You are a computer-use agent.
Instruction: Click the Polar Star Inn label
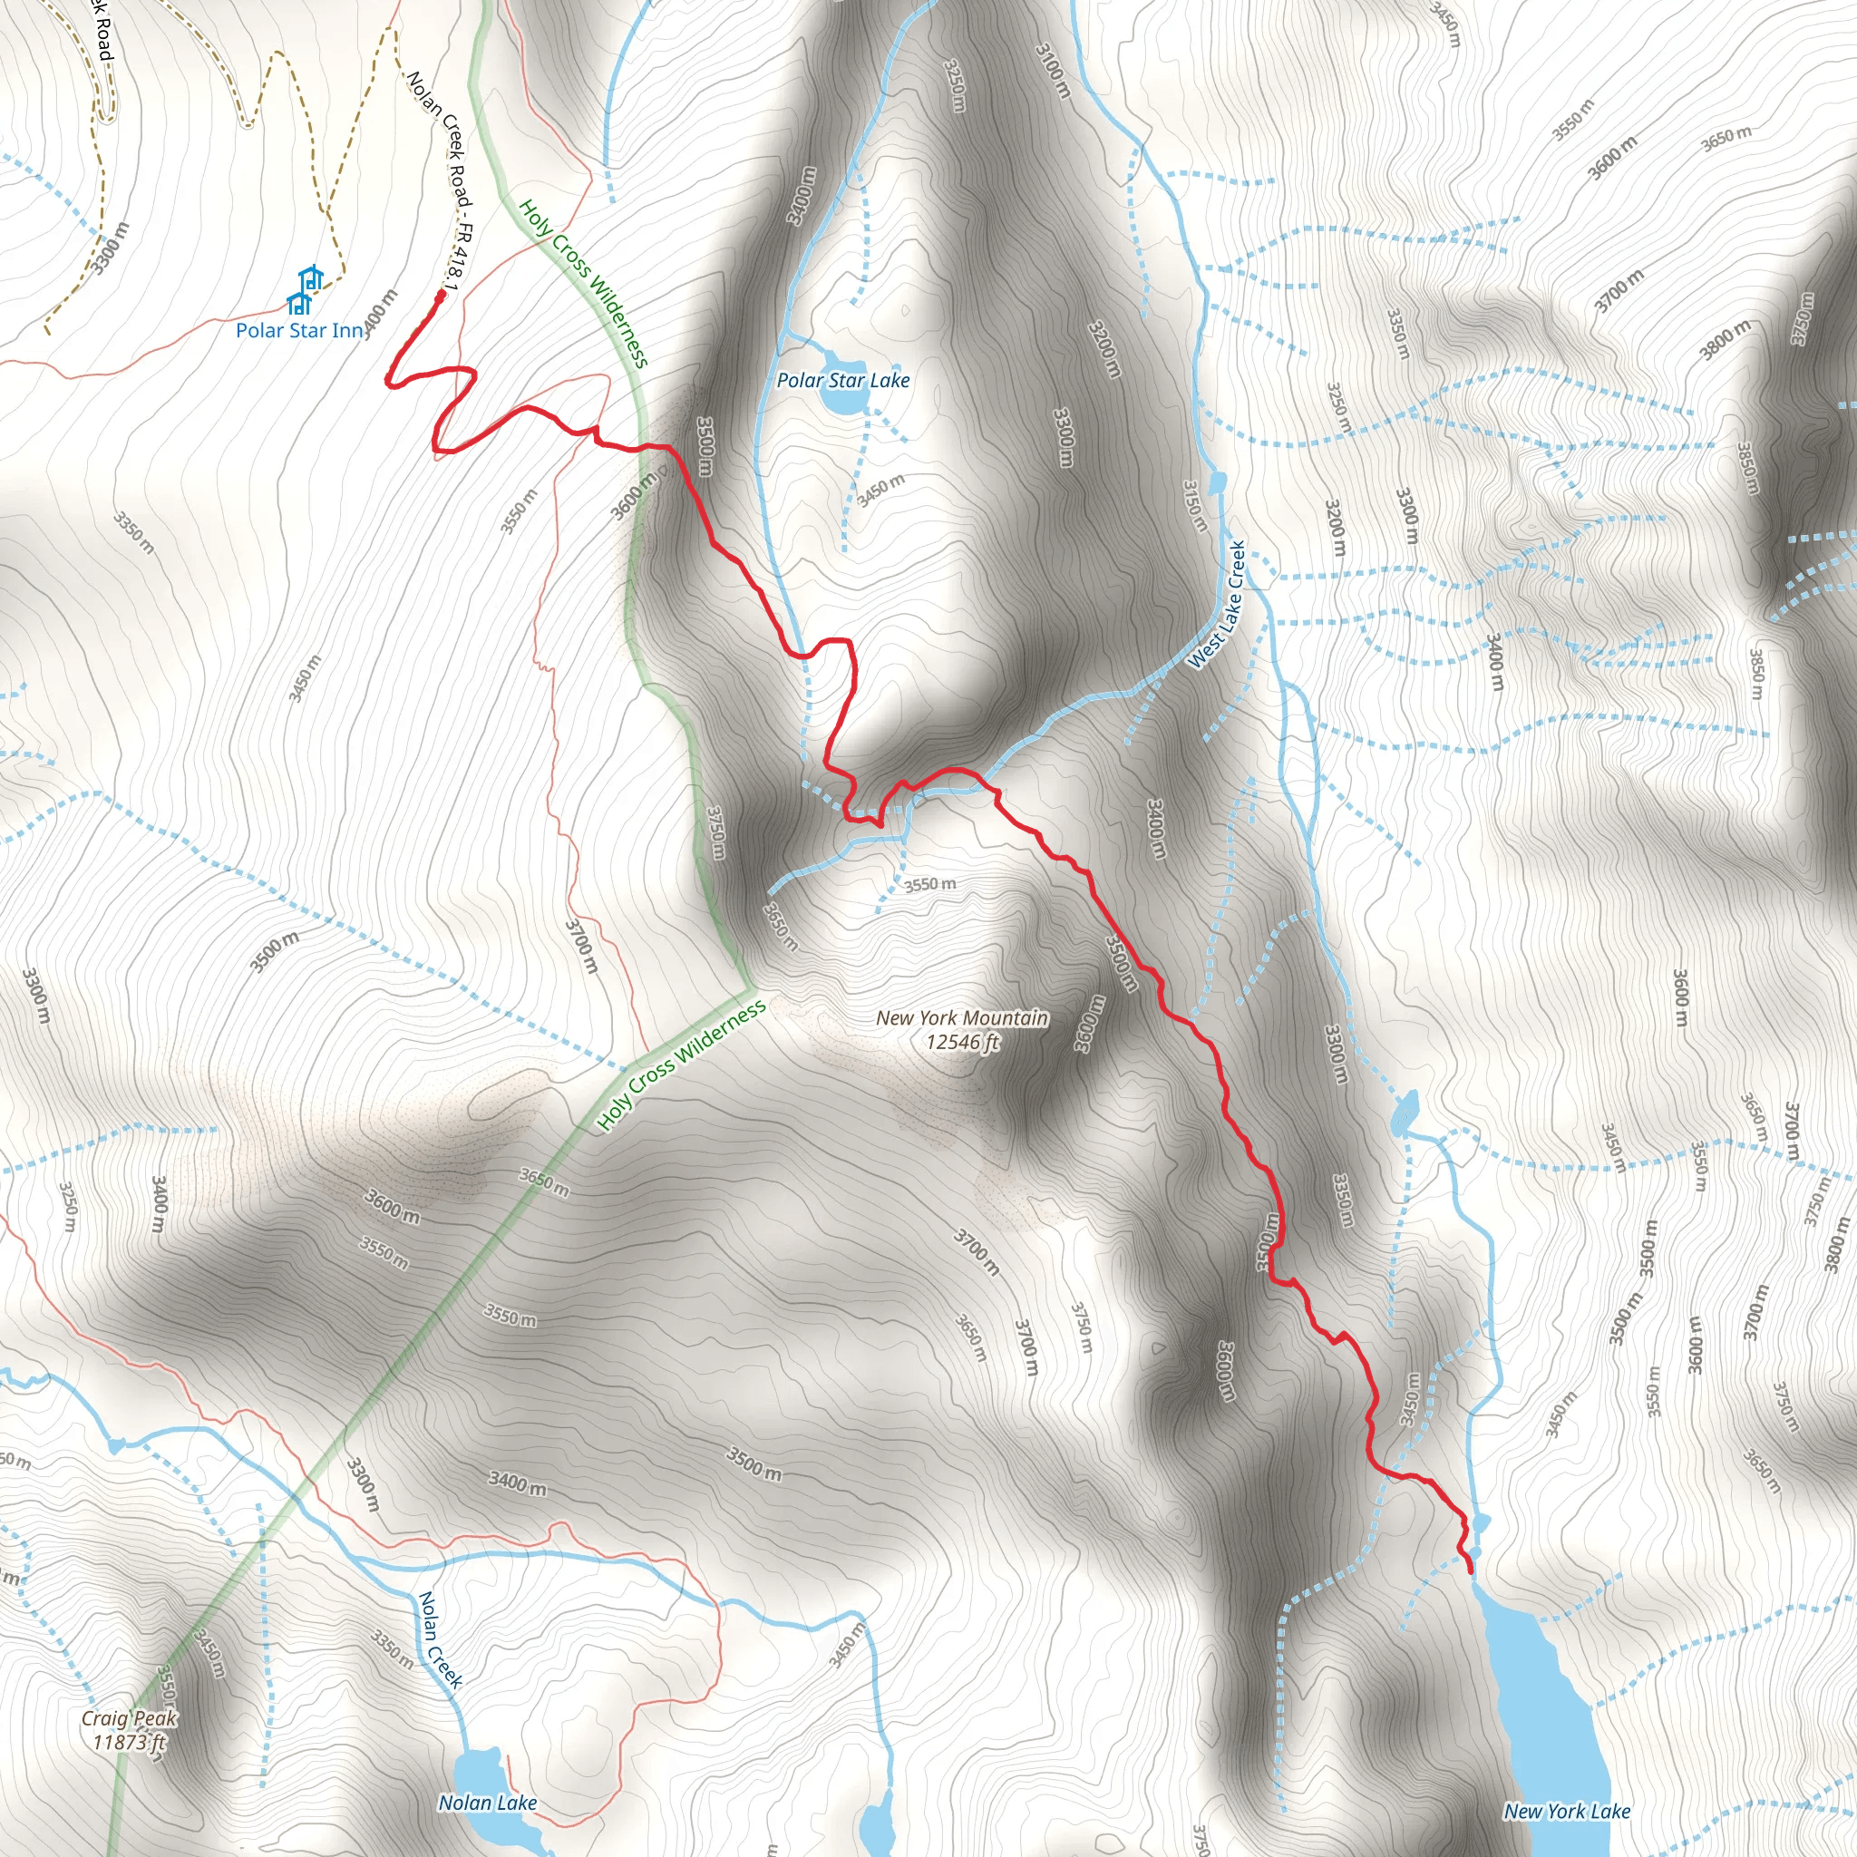coord(300,331)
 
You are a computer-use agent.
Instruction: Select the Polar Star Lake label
coord(843,381)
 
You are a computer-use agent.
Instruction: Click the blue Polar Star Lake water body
coord(843,402)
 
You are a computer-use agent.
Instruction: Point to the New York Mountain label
coord(962,1018)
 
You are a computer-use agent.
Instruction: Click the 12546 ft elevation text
coord(962,1042)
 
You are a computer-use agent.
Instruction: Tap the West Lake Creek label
coord(1217,605)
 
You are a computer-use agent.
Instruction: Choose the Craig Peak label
coord(129,1718)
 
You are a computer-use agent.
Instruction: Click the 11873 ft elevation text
coord(129,1742)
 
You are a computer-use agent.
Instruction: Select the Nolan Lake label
coord(487,1804)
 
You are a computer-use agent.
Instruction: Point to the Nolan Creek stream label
coord(440,1639)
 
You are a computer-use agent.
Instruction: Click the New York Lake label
coord(1567,1812)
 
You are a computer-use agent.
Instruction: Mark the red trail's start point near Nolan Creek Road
coord(440,295)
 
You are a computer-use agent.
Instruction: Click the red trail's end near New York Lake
coord(1471,1571)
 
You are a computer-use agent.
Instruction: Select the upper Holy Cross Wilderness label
coord(583,284)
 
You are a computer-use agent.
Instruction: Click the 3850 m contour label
coord(1747,468)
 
